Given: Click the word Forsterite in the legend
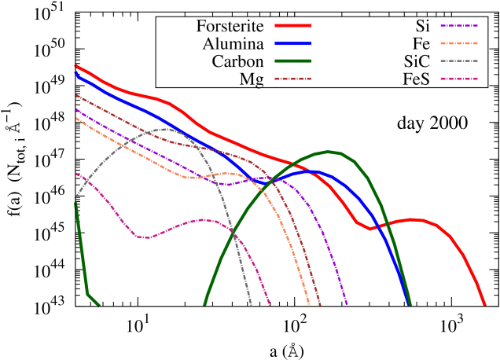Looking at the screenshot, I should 230,27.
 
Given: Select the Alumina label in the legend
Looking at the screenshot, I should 233,44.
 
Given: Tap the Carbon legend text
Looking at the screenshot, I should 237,61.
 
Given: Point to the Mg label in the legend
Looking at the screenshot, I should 251,79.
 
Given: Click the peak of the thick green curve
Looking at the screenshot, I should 328,151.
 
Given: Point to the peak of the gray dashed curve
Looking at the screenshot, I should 165,128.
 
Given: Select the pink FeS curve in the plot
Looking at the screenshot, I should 142,236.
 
